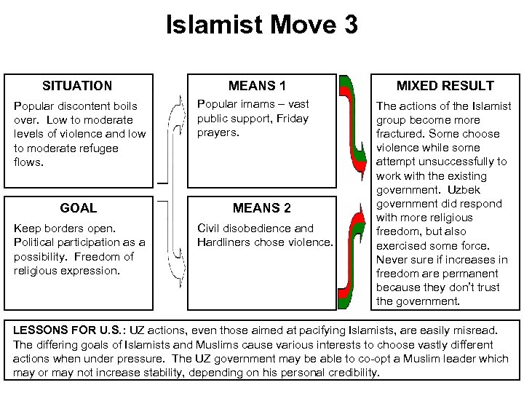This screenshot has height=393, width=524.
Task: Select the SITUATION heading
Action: tap(77, 86)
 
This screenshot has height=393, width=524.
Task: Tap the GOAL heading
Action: tap(79, 207)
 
